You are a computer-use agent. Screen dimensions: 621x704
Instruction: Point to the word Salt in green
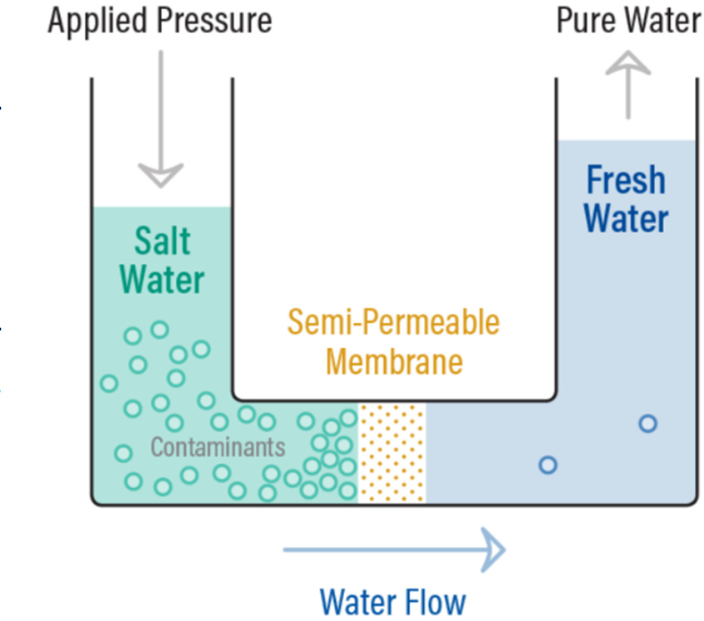162,241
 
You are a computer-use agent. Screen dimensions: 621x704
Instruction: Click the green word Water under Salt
162,280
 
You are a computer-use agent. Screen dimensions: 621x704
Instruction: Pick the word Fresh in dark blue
626,180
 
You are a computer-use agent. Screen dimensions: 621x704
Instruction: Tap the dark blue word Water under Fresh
626,218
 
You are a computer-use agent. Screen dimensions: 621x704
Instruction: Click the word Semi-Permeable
393,323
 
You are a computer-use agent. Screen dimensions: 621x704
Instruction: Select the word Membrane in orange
393,362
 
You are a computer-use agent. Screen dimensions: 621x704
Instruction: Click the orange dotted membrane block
391,453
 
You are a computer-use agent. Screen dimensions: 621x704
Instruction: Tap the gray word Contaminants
218,447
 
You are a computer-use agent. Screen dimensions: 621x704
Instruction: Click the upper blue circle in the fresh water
647,423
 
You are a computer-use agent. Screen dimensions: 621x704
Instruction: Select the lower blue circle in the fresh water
547,465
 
